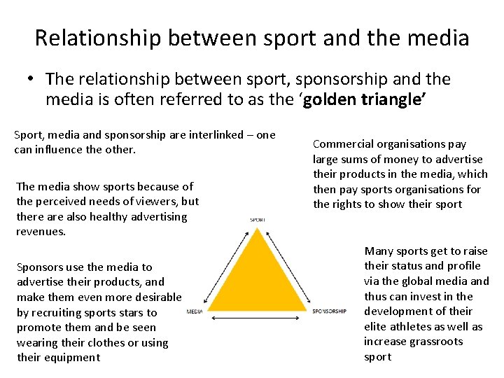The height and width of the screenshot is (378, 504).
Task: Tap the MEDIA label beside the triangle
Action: (x=195, y=311)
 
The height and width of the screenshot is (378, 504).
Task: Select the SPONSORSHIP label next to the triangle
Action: (x=329, y=311)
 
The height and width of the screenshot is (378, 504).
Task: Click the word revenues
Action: (x=41, y=232)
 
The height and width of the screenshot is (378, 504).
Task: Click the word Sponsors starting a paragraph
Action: (x=39, y=267)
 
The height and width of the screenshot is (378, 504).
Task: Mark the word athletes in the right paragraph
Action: (x=424, y=327)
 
